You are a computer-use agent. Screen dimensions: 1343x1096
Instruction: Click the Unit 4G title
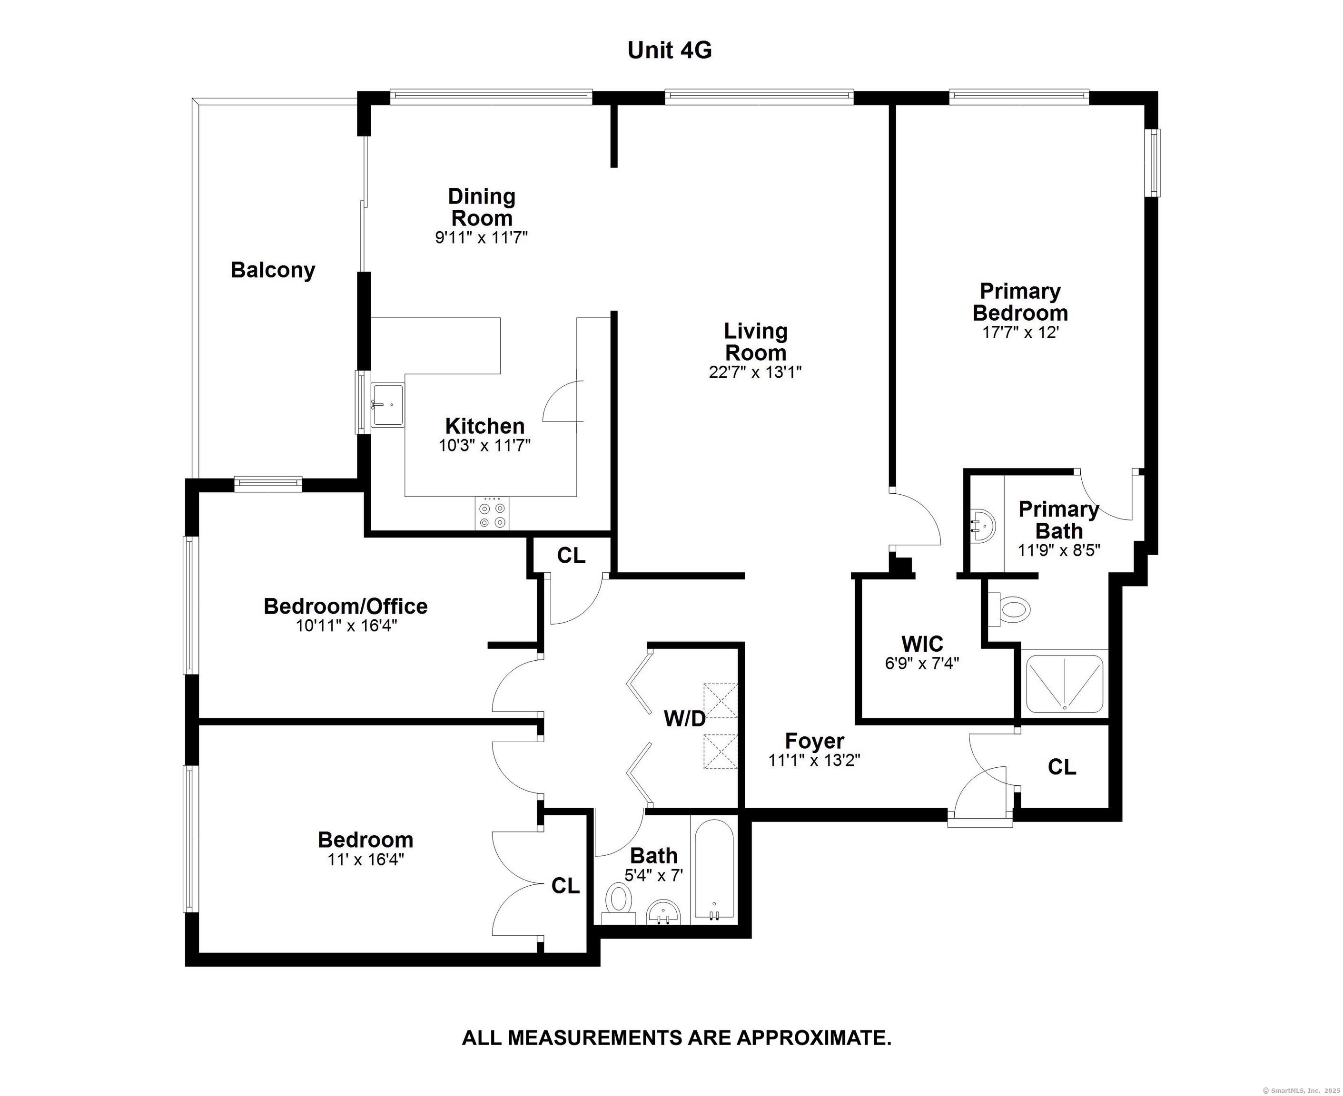[x=670, y=50]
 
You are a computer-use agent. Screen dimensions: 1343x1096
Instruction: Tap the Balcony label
[x=273, y=270]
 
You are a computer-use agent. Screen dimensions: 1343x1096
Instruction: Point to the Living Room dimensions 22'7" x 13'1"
[x=755, y=372]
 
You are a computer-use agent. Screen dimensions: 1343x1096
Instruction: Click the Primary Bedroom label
[x=1020, y=302]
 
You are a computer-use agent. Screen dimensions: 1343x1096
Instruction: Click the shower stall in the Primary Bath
[x=1065, y=684]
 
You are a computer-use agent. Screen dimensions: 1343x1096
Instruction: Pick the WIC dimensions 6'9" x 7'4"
[x=922, y=664]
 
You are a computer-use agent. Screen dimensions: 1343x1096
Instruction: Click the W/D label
[x=685, y=718]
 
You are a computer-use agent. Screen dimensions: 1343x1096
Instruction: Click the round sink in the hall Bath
[x=663, y=911]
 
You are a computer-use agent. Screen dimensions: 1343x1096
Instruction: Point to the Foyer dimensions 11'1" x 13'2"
[x=814, y=760]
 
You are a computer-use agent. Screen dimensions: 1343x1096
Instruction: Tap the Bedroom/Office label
[x=346, y=606]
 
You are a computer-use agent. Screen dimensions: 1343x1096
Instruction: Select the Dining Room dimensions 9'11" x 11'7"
[x=481, y=237]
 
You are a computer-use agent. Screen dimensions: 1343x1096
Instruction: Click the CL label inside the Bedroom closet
[x=565, y=886]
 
